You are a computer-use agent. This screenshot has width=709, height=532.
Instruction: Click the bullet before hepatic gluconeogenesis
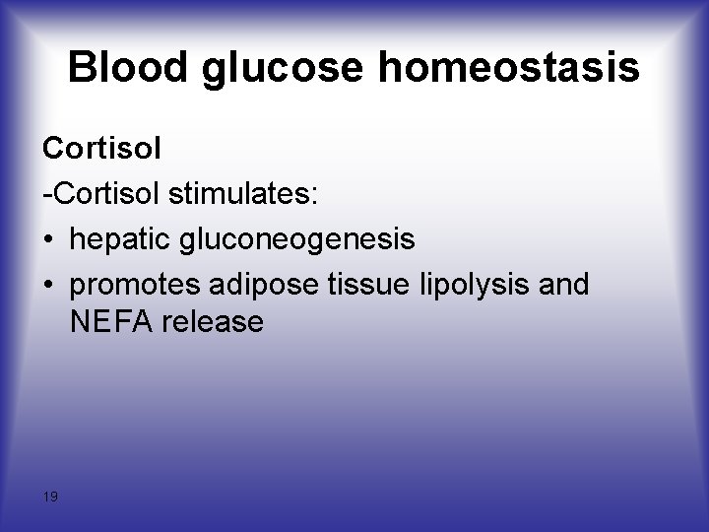(49, 239)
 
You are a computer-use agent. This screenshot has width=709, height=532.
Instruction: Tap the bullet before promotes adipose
(49, 285)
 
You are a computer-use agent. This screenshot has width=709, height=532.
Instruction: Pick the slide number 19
(50, 497)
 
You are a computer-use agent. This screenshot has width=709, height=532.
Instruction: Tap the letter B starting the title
(83, 68)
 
